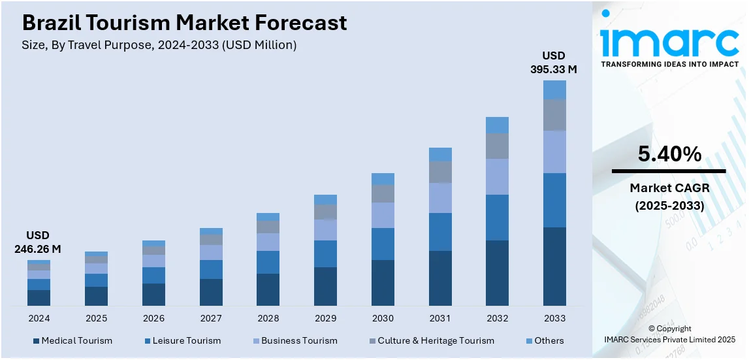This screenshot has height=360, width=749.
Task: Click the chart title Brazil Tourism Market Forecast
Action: point(185,24)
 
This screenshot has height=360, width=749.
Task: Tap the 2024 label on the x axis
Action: point(39,318)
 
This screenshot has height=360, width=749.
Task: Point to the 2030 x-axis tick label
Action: point(383,318)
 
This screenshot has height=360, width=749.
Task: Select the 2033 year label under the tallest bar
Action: point(554,318)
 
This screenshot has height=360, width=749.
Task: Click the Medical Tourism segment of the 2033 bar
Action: point(554,266)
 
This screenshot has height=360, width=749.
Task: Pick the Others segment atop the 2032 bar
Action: point(497,125)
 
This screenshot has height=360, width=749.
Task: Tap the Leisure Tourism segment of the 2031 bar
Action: point(440,232)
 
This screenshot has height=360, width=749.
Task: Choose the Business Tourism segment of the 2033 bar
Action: point(554,152)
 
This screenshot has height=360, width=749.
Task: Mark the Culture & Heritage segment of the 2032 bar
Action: point(497,146)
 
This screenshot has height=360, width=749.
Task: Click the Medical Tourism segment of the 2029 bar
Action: point(325,286)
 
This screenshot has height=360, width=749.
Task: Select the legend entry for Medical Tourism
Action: point(72,340)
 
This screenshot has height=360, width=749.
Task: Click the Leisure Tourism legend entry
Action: point(182,340)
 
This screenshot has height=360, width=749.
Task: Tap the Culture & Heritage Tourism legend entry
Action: point(430,340)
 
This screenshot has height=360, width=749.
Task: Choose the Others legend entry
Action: point(544,340)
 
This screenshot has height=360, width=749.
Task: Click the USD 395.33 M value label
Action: point(554,61)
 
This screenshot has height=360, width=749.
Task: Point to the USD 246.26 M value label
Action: point(38,242)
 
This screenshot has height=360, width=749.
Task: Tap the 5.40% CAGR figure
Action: point(669,155)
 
